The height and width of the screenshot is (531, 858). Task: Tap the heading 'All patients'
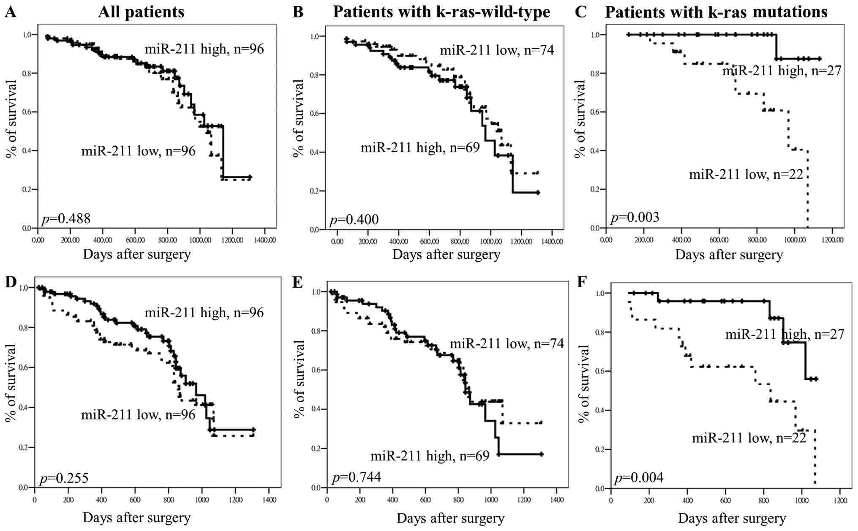pyautogui.click(x=141, y=12)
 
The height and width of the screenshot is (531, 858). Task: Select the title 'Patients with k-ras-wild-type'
pyautogui.click(x=441, y=12)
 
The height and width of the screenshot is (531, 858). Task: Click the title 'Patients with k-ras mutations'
pyautogui.click(x=716, y=12)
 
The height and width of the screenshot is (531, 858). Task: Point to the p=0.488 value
pyautogui.click(x=66, y=218)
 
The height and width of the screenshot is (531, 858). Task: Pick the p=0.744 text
pyautogui.click(x=357, y=477)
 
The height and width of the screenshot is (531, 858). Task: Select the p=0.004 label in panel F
pyautogui.click(x=638, y=478)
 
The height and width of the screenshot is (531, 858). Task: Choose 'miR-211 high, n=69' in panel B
pyautogui.click(x=420, y=147)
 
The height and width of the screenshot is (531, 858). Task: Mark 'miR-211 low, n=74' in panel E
pyautogui.click(x=507, y=343)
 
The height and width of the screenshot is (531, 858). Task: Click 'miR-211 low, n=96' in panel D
pyautogui.click(x=138, y=415)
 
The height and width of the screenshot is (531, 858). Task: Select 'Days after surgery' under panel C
pyautogui.click(x=729, y=255)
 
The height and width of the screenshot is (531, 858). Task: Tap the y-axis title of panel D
pyautogui.click(x=11, y=382)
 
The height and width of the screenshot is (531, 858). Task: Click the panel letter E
pyautogui.click(x=298, y=282)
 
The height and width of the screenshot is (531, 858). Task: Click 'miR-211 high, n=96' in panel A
pyautogui.click(x=204, y=49)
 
